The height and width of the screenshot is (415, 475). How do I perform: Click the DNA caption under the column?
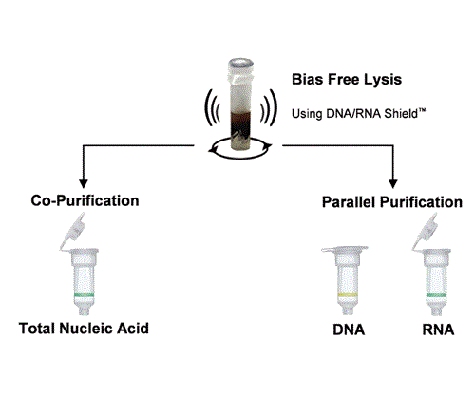click(x=349, y=330)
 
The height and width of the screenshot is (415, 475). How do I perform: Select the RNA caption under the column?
click(x=438, y=330)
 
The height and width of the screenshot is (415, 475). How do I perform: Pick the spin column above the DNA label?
click(x=348, y=277)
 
